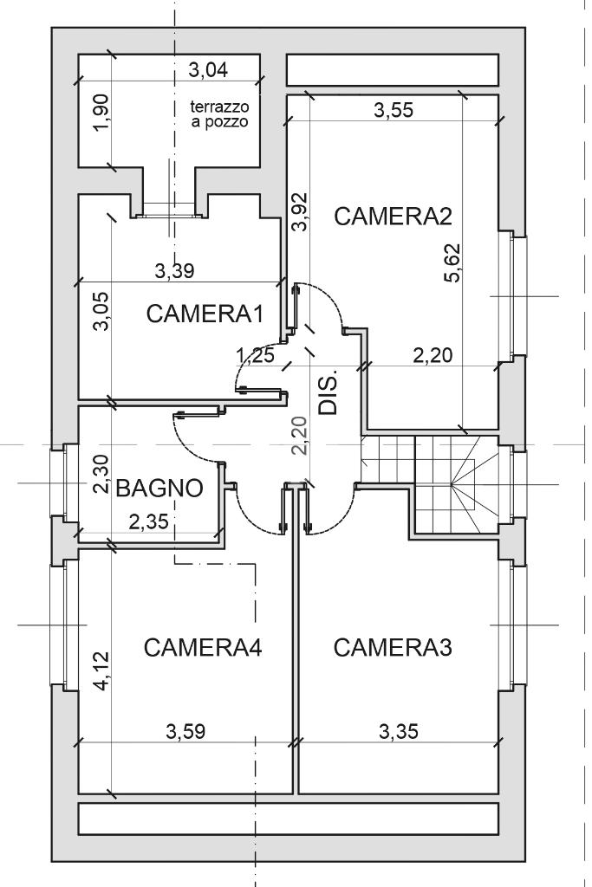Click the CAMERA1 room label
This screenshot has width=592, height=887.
205,314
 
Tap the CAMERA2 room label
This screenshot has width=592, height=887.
394,216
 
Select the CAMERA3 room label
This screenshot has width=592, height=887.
393,647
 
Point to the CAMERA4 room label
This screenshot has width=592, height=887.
203,647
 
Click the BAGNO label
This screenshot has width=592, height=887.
159,488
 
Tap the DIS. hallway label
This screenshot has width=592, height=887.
328,393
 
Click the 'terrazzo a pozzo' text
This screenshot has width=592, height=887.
219,113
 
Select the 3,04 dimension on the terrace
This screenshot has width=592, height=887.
208,70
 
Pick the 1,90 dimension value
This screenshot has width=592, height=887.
103,112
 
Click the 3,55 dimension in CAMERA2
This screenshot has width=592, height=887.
394,110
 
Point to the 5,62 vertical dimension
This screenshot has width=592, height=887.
453,262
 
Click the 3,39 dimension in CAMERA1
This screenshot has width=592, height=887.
174,271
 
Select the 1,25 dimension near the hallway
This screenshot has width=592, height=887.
255,356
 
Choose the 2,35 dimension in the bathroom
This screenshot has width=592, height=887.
148,521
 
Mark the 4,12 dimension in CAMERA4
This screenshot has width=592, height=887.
103,671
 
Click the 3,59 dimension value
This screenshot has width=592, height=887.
185,732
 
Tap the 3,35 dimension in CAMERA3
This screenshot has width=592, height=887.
399,732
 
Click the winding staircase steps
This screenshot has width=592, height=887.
458,484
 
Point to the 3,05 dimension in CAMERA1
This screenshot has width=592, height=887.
103,311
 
